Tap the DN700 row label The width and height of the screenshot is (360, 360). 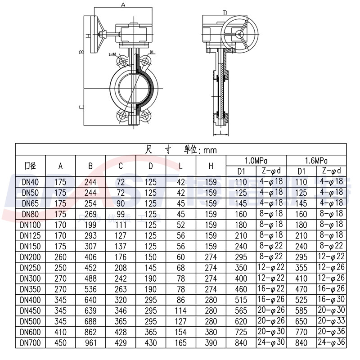pyautogui.click(x=30, y=343)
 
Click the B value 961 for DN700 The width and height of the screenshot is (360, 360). pyautogui.click(x=90, y=343)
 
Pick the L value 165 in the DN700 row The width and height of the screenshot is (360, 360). pyautogui.click(x=180, y=343)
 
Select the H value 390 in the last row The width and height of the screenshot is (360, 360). pyautogui.click(x=211, y=343)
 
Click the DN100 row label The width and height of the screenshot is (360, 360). pyautogui.click(x=30, y=224)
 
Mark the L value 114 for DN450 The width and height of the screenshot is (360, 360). pyautogui.click(x=180, y=310)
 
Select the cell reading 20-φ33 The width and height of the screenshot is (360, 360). pyautogui.click(x=332, y=320)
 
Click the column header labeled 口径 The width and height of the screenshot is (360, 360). pyautogui.click(x=30, y=166)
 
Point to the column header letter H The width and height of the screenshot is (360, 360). pyautogui.click(x=211, y=166)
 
